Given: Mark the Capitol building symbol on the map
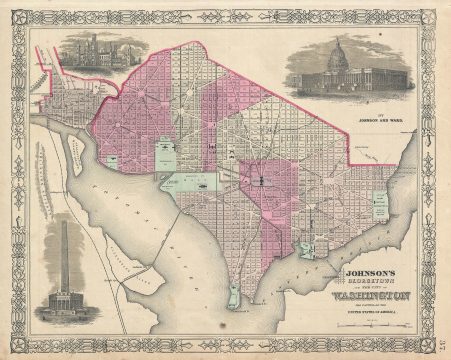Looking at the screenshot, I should pyautogui.click(x=262, y=180).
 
